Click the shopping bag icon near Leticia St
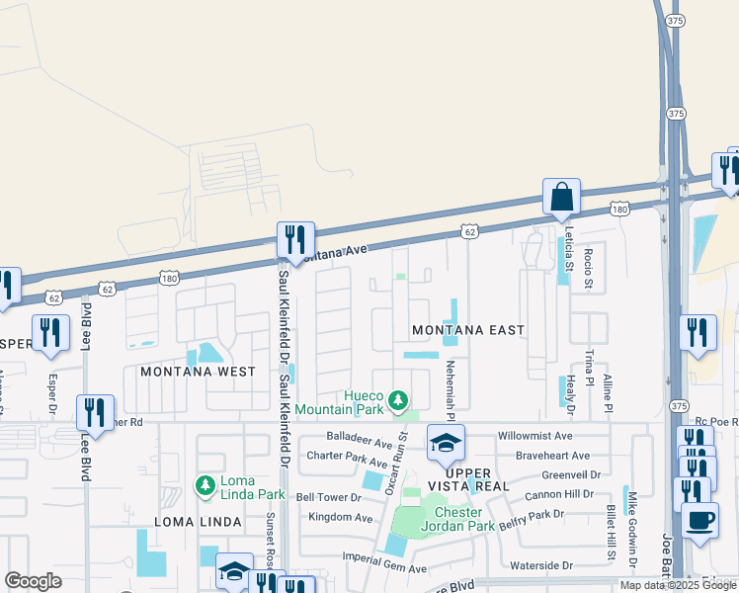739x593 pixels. [561, 197]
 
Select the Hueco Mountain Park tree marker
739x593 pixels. [397, 400]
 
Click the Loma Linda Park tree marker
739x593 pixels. [205, 485]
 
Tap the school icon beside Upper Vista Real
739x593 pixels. [446, 444]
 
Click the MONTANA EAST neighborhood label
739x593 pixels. [467, 329]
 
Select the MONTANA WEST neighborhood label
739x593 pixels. [198, 372]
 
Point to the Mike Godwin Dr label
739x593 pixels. [631, 523]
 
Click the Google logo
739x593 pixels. [34, 581]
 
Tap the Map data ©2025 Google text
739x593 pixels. [678, 585]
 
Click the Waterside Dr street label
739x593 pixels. [541, 565]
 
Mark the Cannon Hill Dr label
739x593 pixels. [558, 493]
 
